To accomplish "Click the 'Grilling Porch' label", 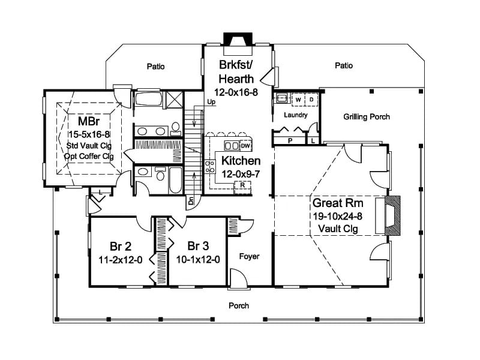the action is [x=367, y=116].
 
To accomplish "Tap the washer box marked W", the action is [x=298, y=100].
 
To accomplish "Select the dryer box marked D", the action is [x=311, y=100].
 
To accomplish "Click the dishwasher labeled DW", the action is [x=245, y=146].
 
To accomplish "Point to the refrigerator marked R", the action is [x=242, y=185].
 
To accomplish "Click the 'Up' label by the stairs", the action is [x=211, y=101].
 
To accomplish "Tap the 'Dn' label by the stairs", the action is [x=191, y=200].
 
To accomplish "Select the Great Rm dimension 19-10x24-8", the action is [x=337, y=216].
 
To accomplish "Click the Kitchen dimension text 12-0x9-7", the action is [x=241, y=174].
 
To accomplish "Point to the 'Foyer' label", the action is [x=249, y=256].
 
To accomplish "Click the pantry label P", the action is [x=290, y=140].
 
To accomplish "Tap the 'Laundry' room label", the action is [x=295, y=115].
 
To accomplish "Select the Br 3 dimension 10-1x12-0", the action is [x=198, y=260].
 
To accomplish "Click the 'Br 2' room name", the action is [x=121, y=246].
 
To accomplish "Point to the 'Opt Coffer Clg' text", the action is [x=89, y=157].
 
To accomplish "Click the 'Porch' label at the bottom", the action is [x=239, y=305].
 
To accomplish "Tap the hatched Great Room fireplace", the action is [x=392, y=215].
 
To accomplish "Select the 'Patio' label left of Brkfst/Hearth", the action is [x=155, y=67].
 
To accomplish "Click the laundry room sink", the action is [x=281, y=98].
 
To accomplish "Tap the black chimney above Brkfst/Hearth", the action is [x=238, y=39].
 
